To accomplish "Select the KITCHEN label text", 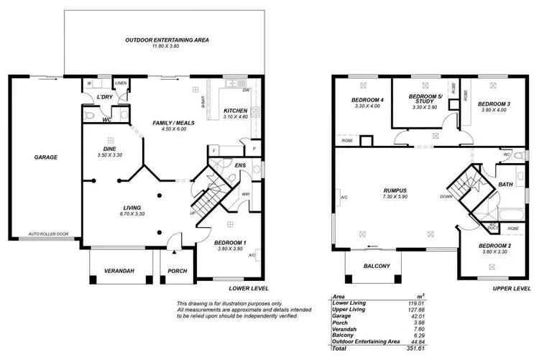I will click(x=235, y=110).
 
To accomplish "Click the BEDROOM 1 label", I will click(x=230, y=243).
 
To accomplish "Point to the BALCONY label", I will click(x=377, y=267).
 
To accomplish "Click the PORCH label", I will click(x=177, y=271).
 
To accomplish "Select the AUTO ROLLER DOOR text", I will click(x=48, y=234).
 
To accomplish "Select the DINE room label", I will click(x=110, y=149).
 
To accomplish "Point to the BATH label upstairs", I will click(x=506, y=185).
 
